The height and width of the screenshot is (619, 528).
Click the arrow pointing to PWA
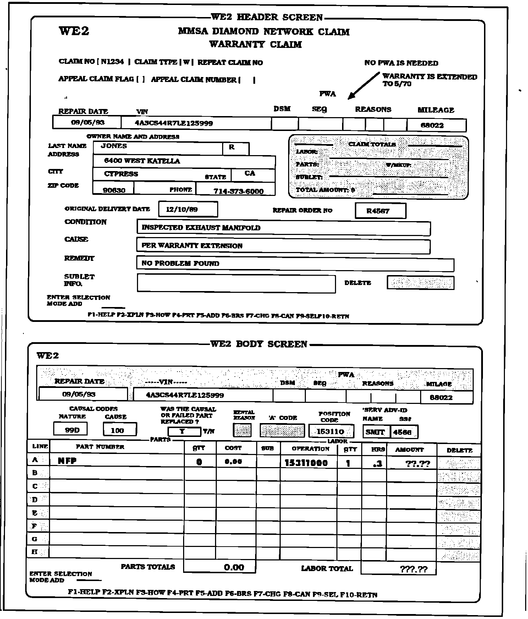point(363,86)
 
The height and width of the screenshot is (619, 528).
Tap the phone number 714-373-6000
point(238,191)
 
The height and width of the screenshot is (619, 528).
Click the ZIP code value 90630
point(114,190)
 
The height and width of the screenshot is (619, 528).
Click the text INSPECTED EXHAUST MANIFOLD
point(201,228)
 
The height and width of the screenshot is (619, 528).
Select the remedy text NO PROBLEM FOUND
point(180,263)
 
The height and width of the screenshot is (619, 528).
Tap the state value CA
point(250,173)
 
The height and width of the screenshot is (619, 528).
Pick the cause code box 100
point(117,431)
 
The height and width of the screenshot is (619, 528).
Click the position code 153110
point(330,432)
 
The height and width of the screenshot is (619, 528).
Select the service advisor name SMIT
point(375,432)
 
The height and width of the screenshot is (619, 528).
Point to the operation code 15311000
point(306,463)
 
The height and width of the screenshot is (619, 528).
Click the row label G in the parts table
point(35,539)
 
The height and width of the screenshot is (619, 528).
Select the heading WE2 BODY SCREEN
point(259,344)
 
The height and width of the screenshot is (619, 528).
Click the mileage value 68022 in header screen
point(432,125)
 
